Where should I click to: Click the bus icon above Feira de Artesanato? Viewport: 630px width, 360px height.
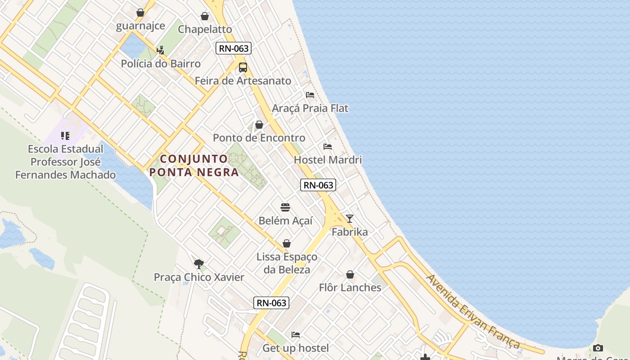(x=243, y=67)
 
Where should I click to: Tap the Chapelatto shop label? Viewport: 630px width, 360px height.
(x=205, y=29)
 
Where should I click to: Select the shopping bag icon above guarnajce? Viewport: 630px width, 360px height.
(x=140, y=13)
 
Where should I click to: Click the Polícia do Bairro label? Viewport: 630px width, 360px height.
(x=161, y=63)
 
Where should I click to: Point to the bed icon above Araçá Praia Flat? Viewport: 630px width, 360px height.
(x=310, y=95)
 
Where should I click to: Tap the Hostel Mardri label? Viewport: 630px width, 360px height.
(x=328, y=160)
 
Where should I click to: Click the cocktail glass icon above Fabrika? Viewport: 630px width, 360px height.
(x=350, y=219)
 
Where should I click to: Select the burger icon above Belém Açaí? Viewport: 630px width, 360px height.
(x=285, y=207)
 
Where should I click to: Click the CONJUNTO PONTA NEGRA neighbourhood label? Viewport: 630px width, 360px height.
(x=194, y=165)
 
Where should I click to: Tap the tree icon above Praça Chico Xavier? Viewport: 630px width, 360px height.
(x=198, y=264)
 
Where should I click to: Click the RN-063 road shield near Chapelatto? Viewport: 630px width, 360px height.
(x=233, y=48)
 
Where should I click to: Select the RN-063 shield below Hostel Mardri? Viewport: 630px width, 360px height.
(x=318, y=185)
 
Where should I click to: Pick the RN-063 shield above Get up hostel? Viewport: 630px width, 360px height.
(x=271, y=303)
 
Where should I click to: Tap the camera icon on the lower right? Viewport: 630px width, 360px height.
(x=598, y=348)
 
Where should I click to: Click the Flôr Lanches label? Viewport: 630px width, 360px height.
(x=350, y=288)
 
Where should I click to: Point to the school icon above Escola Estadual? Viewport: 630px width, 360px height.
(x=65, y=135)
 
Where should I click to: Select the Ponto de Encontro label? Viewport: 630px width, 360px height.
(x=259, y=138)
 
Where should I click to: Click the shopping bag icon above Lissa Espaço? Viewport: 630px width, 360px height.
(x=287, y=243)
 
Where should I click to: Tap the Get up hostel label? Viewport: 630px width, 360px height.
(x=295, y=348)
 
